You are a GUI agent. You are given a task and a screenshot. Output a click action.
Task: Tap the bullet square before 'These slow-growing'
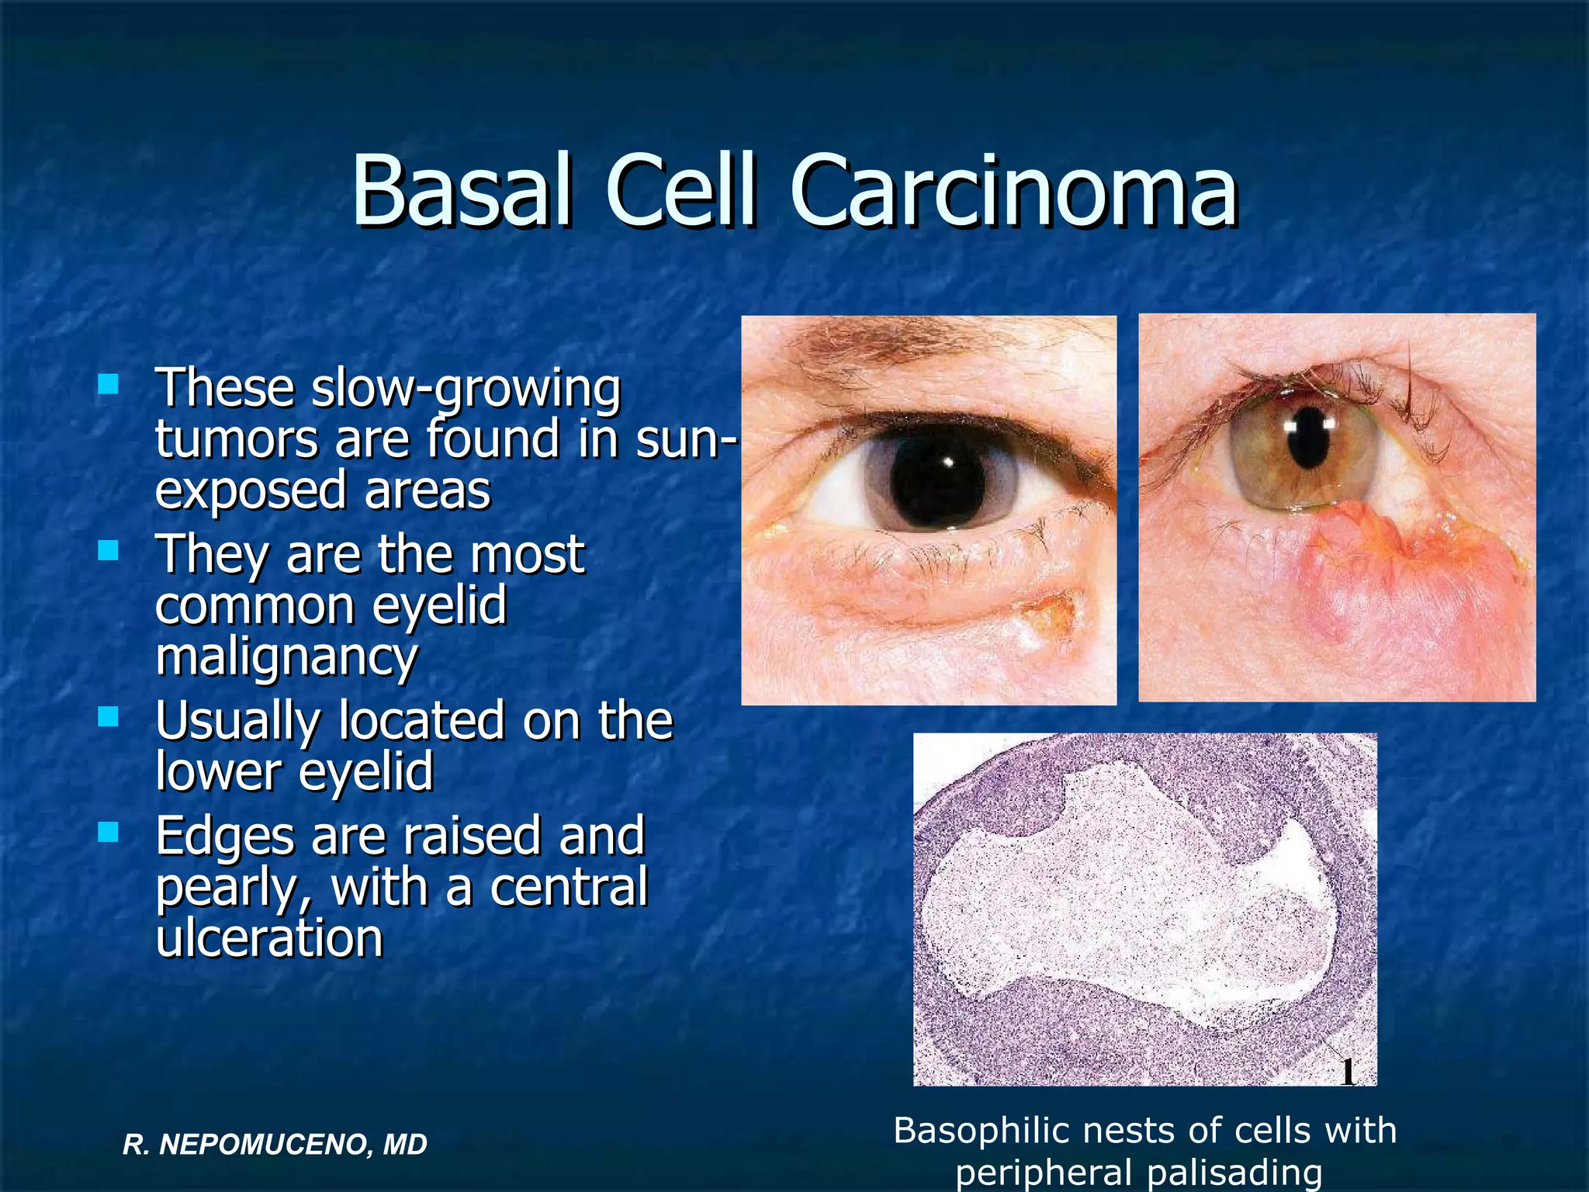coord(108,384)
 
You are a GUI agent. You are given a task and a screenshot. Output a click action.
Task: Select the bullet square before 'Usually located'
coord(108,716)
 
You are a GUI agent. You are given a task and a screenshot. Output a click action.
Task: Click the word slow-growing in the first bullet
coord(466,390)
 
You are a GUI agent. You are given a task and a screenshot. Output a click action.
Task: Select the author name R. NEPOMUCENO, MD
coord(275,1144)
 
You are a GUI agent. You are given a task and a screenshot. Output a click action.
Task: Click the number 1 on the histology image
coord(1348,1073)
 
